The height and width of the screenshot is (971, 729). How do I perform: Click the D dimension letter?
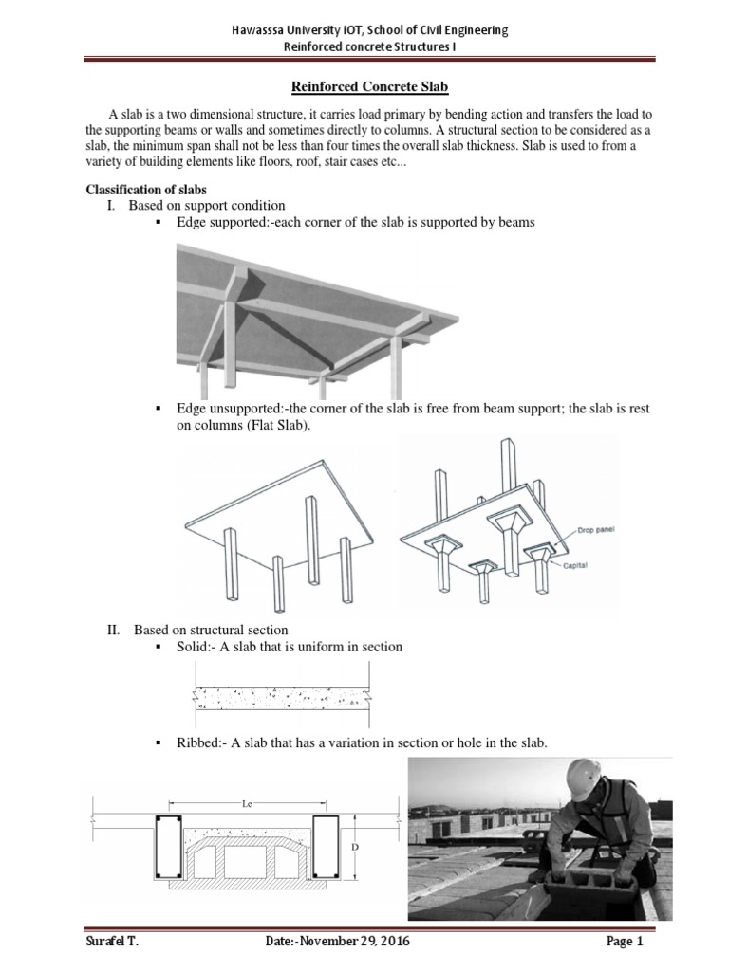378,844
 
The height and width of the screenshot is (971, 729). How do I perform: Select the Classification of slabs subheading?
147,189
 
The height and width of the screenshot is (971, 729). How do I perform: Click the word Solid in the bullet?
195,647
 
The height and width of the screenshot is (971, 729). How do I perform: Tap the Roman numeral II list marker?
114,630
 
